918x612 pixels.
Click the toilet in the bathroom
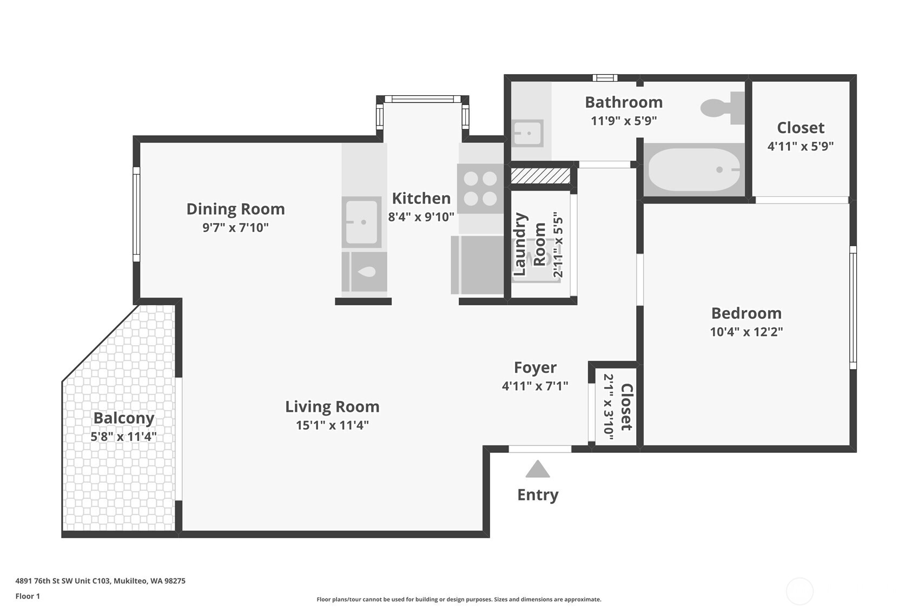(722, 108)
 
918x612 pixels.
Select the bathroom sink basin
(529, 133)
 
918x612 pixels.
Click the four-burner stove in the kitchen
(480, 188)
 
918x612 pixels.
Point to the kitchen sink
(361, 222)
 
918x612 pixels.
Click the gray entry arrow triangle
(537, 469)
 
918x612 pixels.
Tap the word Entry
(538, 495)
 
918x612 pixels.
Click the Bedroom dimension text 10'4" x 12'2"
(747, 331)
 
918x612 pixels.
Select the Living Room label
(332, 406)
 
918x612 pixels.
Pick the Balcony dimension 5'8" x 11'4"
(124, 437)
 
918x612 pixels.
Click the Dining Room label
(236, 209)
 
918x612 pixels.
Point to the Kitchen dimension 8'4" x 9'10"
(421, 216)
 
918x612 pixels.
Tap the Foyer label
(535, 368)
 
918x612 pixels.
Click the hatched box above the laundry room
(540, 176)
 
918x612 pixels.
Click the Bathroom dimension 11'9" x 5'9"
(624, 121)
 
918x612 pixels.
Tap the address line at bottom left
(101, 581)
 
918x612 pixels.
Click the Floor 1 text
(28, 596)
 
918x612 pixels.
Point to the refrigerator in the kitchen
(478, 265)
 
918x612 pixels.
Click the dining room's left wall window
(136, 214)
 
